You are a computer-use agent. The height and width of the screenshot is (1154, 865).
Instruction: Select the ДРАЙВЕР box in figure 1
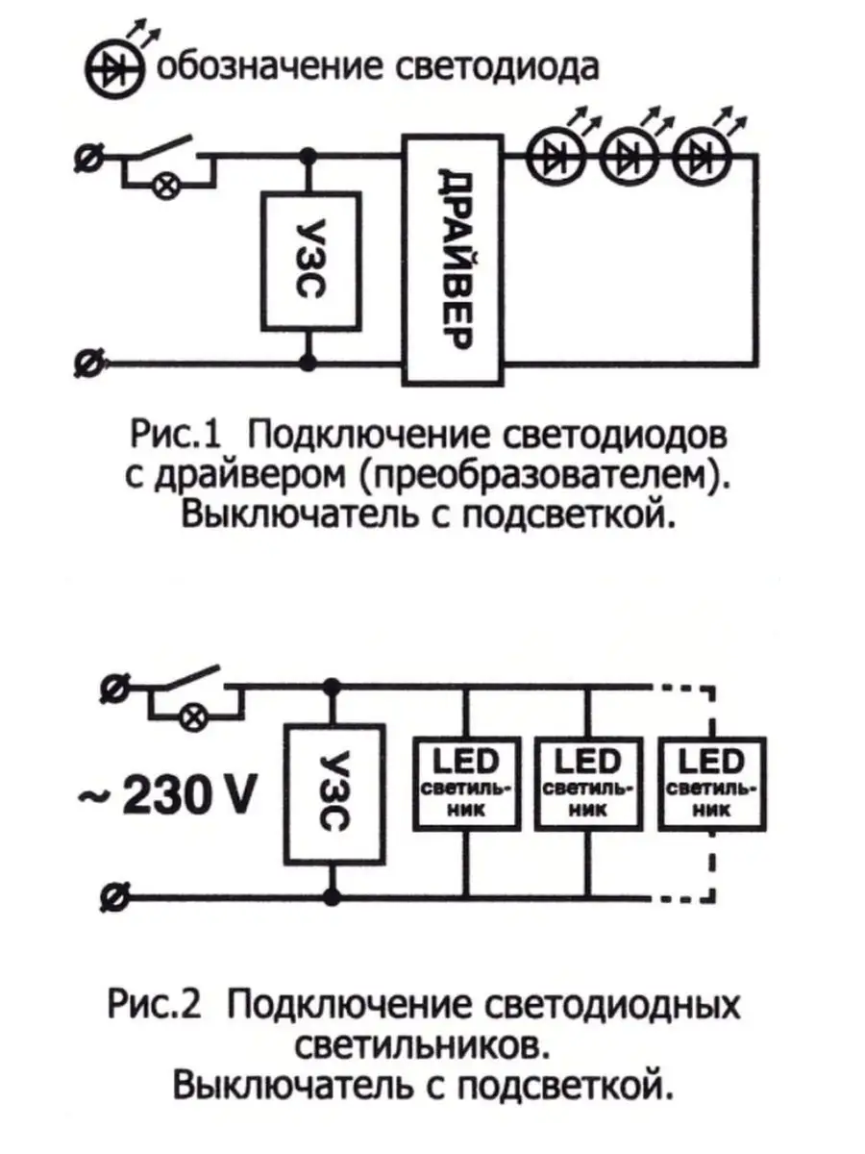tap(453, 260)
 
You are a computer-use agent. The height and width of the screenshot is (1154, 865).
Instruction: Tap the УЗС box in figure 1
tap(309, 260)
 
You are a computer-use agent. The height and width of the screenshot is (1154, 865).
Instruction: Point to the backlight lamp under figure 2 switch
tap(192, 715)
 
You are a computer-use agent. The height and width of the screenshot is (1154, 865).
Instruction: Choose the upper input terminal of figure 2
tap(111, 687)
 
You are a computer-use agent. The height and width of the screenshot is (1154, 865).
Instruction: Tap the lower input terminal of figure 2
tap(111, 898)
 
